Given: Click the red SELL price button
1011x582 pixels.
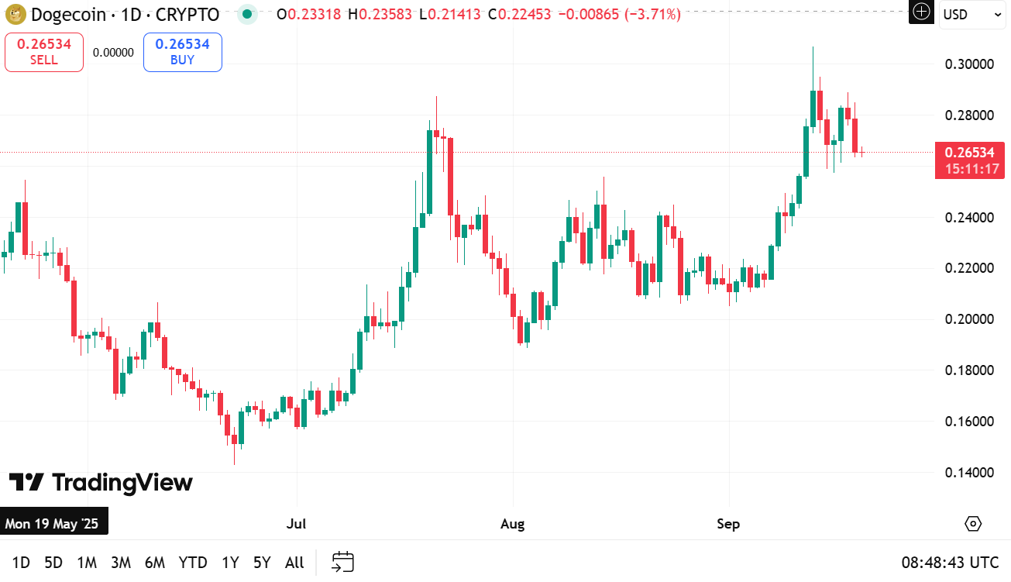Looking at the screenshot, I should click(44, 52).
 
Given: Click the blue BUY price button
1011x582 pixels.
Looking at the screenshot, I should click(182, 52).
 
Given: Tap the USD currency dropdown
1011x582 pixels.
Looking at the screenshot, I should click(971, 14).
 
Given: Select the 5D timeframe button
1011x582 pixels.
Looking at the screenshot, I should click(53, 563).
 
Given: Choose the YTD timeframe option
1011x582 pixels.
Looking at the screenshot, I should click(193, 563).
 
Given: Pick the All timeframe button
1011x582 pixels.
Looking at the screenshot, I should click(294, 563).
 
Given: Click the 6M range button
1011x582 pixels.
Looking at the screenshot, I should click(155, 563).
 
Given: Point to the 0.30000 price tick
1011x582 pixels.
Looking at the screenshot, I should click(970, 64).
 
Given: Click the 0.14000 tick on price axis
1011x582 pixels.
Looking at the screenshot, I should click(970, 473).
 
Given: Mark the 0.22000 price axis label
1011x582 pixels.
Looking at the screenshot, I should click(970, 268).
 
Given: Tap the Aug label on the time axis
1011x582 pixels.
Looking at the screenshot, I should click(512, 524).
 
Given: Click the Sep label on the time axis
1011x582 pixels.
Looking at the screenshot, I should click(728, 524).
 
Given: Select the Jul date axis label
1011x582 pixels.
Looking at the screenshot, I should click(296, 524).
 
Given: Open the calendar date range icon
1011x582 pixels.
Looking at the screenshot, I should click(342, 563).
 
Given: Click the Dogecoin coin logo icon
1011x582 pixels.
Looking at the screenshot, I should click(15, 14).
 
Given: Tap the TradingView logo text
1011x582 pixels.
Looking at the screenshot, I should click(101, 483).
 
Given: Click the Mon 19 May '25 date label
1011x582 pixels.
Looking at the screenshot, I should click(53, 524).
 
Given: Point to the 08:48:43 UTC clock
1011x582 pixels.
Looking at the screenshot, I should click(950, 563).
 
